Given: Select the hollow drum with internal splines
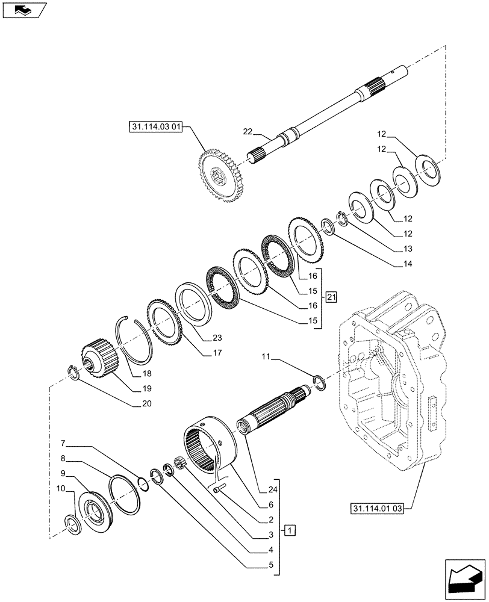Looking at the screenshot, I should point(211,446).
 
